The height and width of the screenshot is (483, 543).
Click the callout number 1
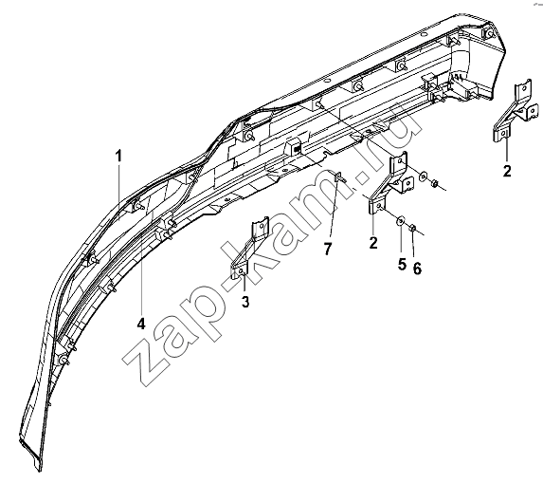coord(118,156)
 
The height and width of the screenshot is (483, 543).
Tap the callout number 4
coord(141,324)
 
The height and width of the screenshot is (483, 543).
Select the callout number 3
coord(245,302)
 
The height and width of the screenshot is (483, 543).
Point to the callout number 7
coord(328,249)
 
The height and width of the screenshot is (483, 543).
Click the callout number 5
coord(402,265)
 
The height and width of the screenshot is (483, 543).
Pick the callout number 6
coord(417,268)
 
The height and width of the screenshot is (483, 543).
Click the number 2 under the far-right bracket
coord(507,171)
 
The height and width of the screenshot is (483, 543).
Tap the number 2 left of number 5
coord(373,243)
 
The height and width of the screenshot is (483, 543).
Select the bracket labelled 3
coord(248,248)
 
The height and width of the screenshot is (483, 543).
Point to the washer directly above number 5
coord(401,220)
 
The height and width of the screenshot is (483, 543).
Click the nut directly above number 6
coord(413,228)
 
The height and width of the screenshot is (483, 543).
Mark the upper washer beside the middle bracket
coord(423,177)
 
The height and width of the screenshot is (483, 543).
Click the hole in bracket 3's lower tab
coord(242,271)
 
